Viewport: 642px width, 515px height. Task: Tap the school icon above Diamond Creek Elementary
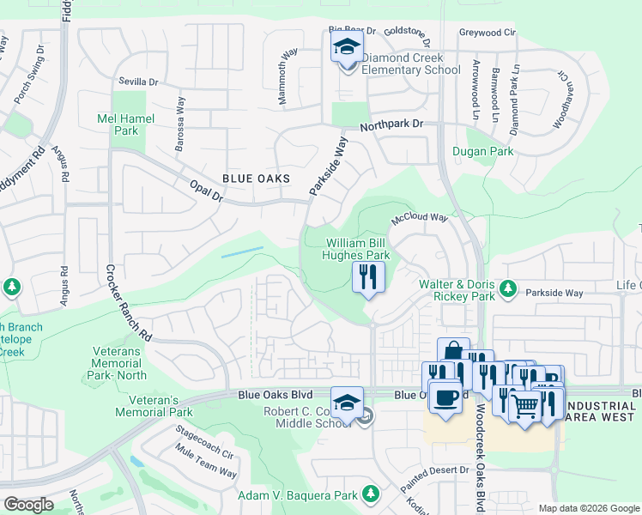[x=347, y=46]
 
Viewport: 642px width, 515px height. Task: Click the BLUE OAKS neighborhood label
[x=256, y=179]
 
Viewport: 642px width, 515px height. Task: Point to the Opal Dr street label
[x=206, y=191]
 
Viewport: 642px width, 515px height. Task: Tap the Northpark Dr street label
[x=391, y=124]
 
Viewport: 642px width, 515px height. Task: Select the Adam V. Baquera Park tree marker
[x=370, y=494]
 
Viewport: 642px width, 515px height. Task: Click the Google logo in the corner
[x=27, y=505]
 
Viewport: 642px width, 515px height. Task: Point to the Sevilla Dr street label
[x=138, y=82]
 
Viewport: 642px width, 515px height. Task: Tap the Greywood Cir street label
[x=488, y=33]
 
